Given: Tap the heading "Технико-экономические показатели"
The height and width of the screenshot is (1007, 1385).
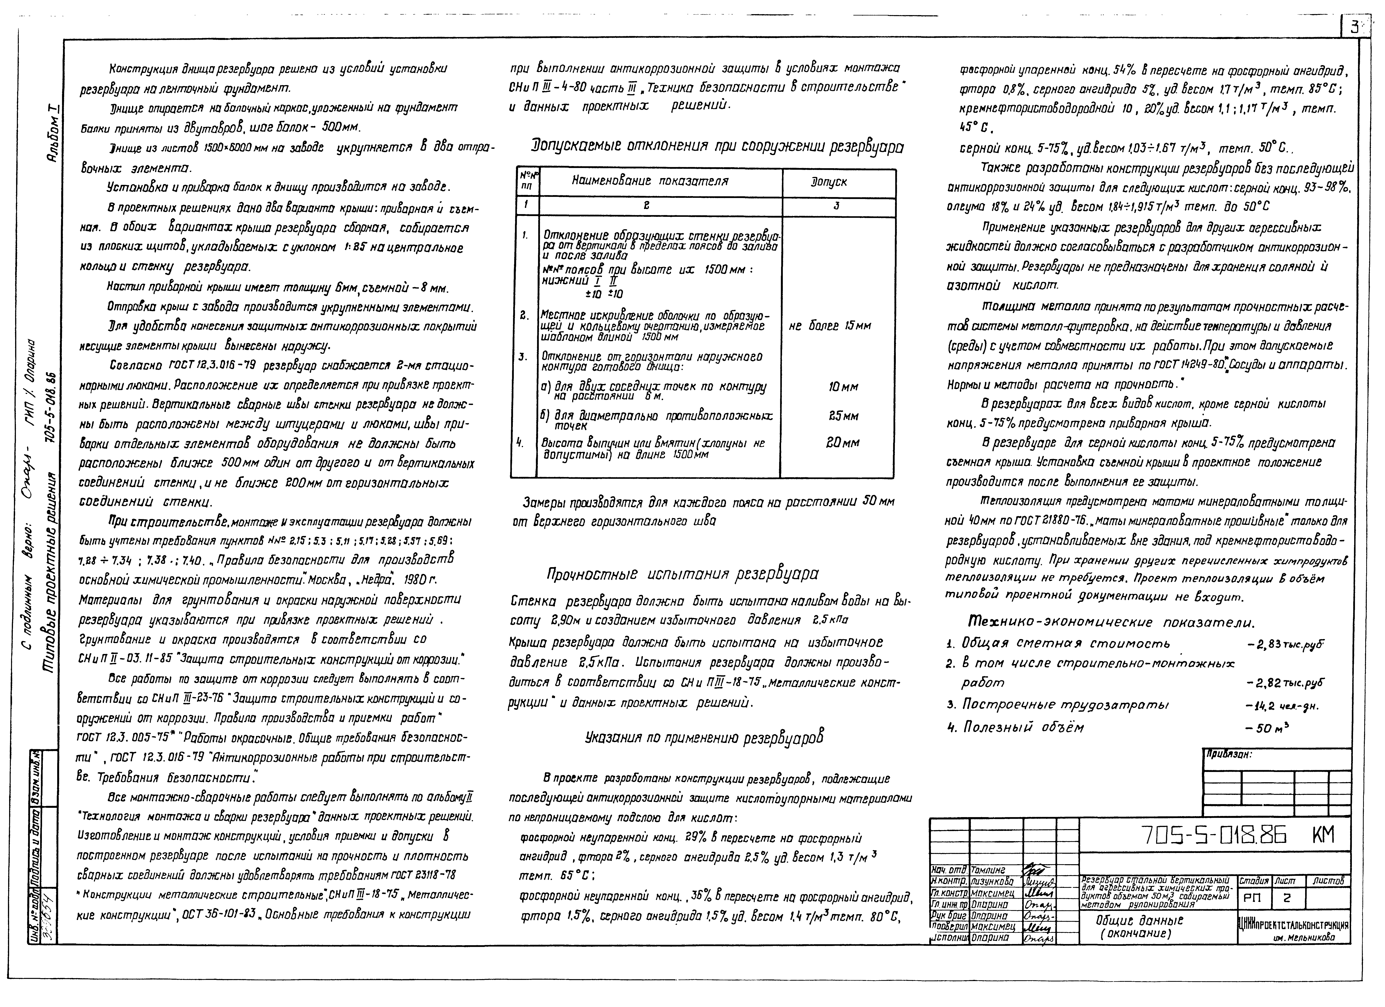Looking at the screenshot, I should (x=1111, y=622).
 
